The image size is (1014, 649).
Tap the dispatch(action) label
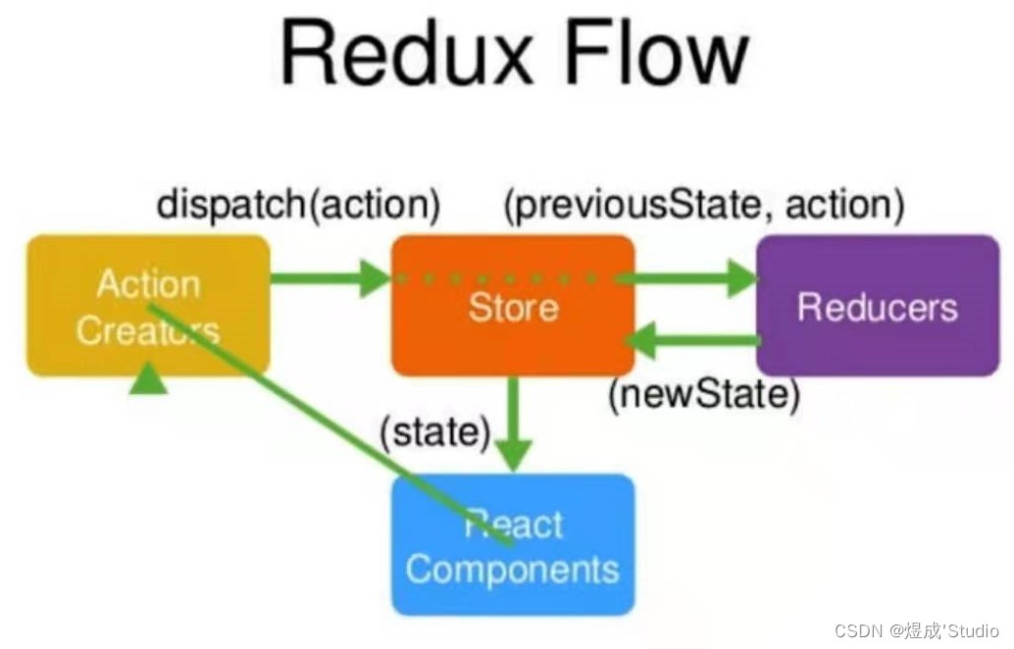(x=298, y=205)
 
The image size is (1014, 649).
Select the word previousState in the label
(x=648, y=205)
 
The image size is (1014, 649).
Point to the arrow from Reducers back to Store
(x=695, y=340)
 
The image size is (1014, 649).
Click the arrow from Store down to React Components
(x=512, y=422)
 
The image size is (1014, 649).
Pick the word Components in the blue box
(x=512, y=569)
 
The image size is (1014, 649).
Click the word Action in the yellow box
(x=148, y=284)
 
